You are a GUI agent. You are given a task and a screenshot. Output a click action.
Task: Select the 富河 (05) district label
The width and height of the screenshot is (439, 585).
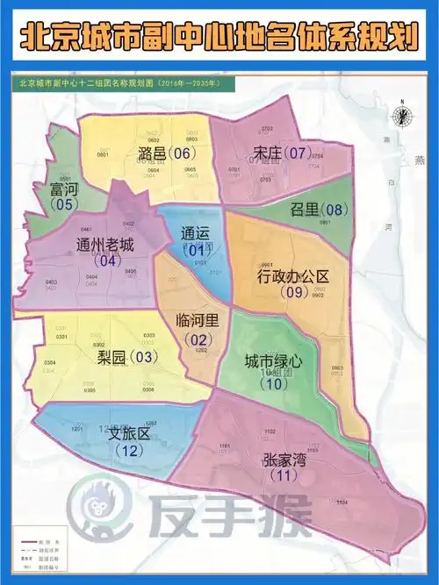(x=64, y=196)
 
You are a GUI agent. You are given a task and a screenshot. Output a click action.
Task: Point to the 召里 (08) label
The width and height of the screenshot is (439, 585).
(x=318, y=210)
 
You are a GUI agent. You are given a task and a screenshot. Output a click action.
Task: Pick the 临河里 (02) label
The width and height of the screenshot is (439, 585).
(x=197, y=326)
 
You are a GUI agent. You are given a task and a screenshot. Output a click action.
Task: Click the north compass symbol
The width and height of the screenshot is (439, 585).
(x=400, y=116)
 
